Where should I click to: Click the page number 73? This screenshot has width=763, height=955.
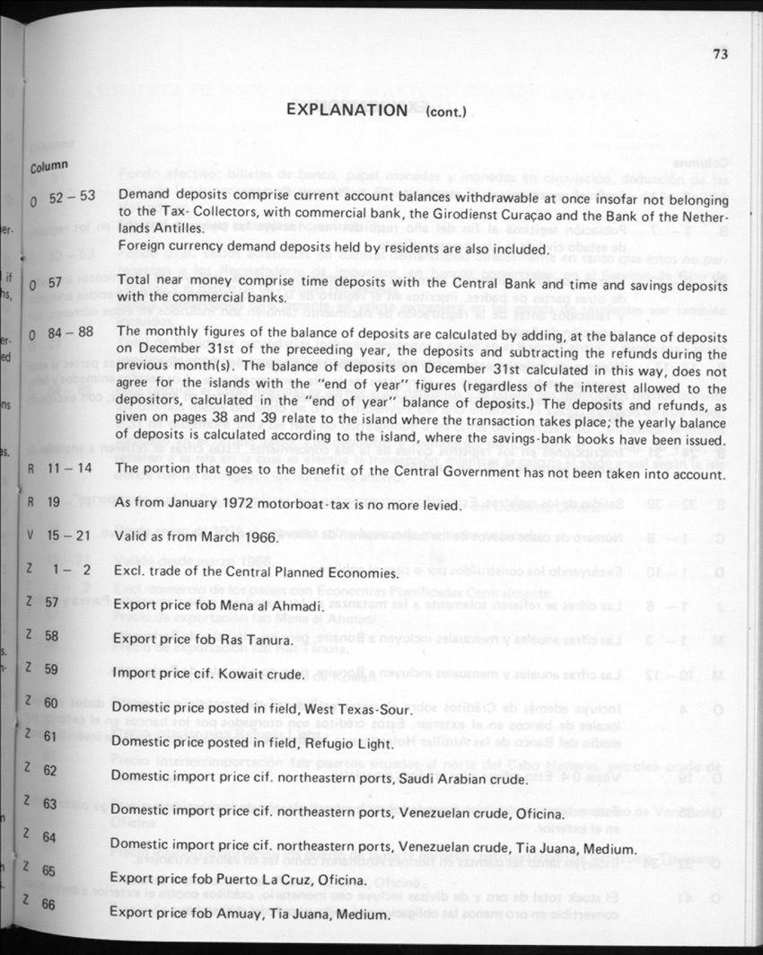(x=720, y=54)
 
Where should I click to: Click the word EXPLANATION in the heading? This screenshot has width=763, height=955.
(x=346, y=110)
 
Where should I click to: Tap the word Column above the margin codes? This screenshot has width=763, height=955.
(x=48, y=167)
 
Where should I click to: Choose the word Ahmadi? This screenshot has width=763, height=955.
(x=291, y=607)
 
